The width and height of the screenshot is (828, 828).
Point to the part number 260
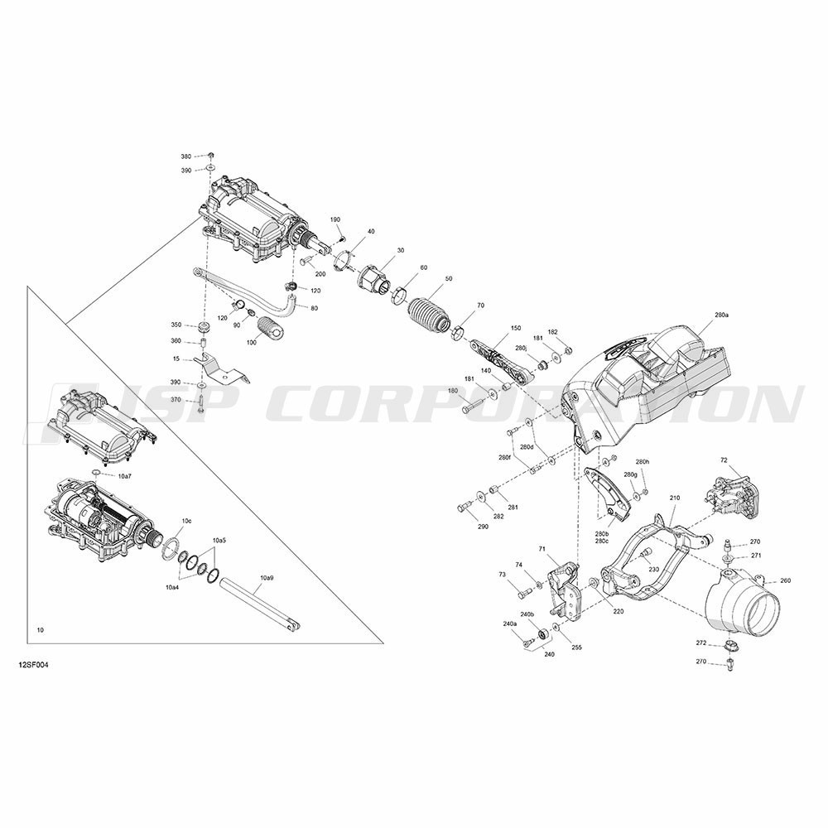tap(785, 581)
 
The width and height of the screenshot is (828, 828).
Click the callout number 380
tap(185, 156)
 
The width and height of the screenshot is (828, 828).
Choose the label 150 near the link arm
tap(515, 328)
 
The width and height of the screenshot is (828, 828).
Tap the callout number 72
tap(724, 460)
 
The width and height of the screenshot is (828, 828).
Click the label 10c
tap(186, 521)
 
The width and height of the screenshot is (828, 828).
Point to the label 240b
tap(527, 614)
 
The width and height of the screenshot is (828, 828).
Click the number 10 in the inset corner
tap(41, 630)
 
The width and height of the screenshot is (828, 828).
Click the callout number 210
tap(675, 498)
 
